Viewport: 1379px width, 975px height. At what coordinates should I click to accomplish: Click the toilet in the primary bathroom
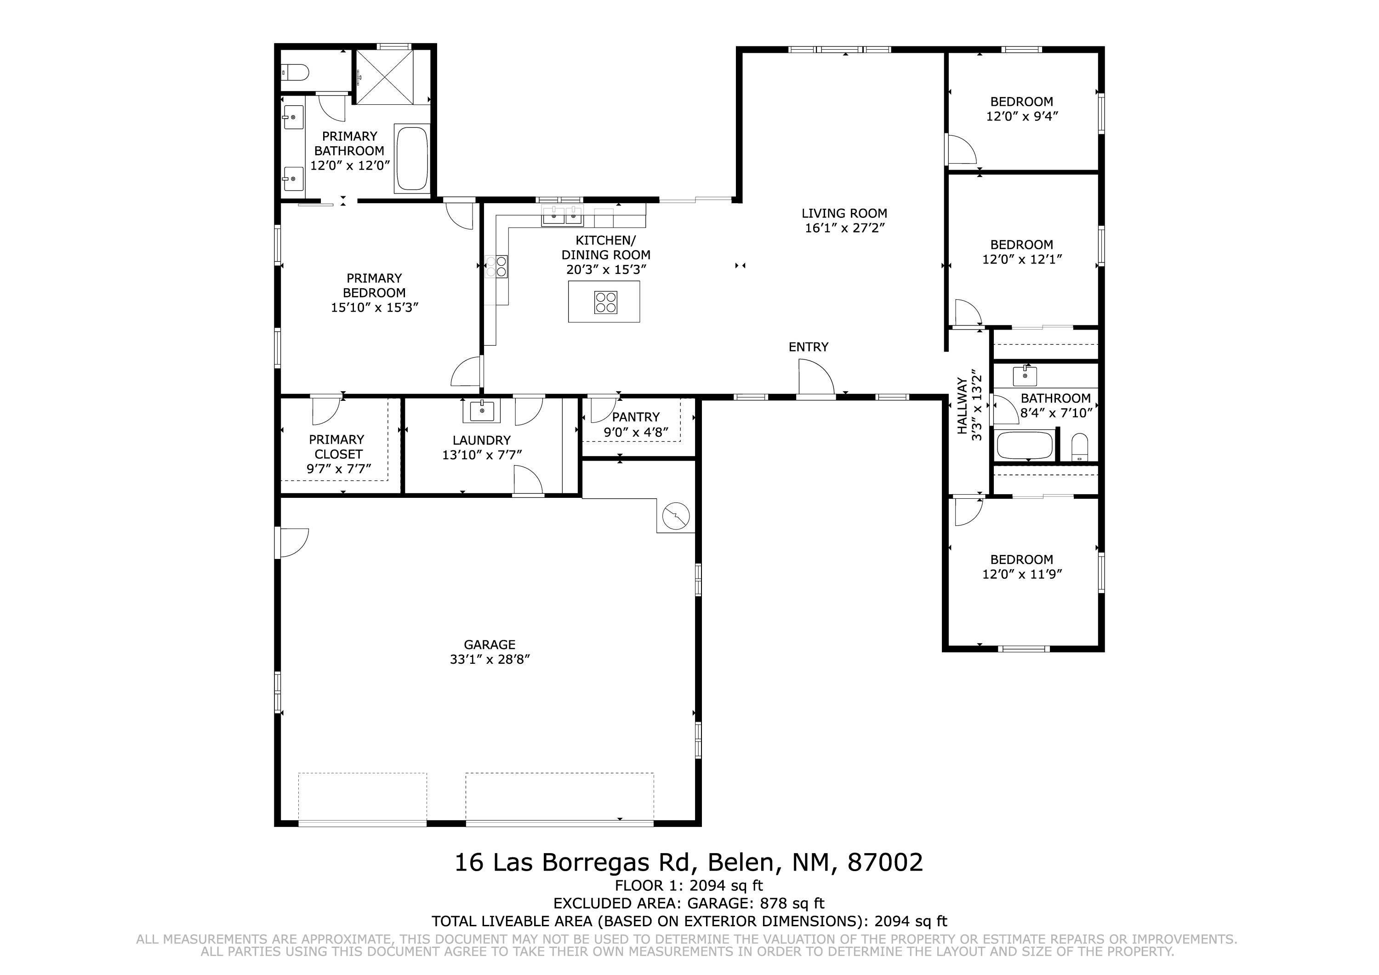tap(295, 73)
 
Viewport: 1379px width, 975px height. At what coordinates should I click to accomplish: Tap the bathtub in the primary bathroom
tap(412, 159)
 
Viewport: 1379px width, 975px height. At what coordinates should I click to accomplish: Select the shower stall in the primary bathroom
tap(385, 77)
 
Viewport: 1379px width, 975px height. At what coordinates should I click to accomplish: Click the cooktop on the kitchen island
tap(605, 302)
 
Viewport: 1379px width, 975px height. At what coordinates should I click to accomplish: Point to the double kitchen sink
tap(563, 216)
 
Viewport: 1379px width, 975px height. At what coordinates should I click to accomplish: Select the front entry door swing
tap(816, 378)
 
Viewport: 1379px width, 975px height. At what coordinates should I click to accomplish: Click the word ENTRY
tap(809, 347)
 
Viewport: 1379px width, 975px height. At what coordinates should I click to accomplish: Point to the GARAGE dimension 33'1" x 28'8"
tap(490, 660)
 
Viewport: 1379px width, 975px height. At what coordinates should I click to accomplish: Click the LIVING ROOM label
tap(844, 213)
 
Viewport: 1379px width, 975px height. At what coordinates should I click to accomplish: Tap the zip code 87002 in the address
tap(885, 863)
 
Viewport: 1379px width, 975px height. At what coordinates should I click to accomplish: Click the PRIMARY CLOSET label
tap(337, 447)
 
